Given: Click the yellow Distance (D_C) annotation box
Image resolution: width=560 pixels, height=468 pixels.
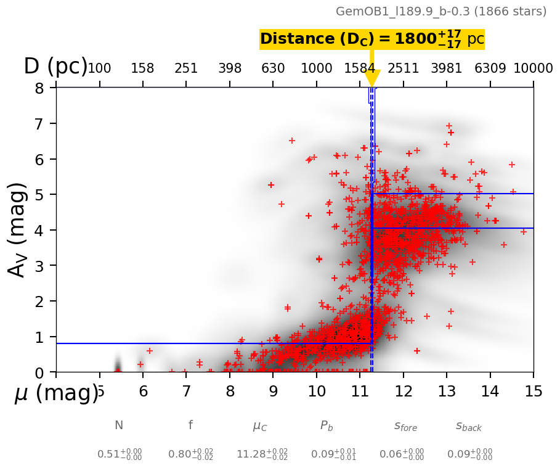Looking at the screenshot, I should [372, 39].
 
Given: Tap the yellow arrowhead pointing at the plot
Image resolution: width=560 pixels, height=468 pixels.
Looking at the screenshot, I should [372, 79].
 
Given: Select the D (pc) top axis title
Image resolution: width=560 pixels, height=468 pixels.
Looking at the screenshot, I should [55, 67].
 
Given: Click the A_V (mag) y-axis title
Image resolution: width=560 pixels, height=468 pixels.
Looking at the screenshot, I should [18, 229].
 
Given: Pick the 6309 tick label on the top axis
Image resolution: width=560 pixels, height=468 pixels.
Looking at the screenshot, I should [490, 68].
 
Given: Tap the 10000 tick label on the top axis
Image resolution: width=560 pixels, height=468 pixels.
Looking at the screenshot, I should [533, 68].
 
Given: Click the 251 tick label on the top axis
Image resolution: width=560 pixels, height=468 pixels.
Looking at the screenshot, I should [186, 68].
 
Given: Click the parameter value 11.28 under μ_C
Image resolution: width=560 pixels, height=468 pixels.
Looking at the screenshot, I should [261, 454].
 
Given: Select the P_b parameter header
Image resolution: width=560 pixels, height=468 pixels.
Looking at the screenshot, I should [327, 425].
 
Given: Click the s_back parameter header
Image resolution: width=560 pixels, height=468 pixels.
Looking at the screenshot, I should [469, 426].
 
